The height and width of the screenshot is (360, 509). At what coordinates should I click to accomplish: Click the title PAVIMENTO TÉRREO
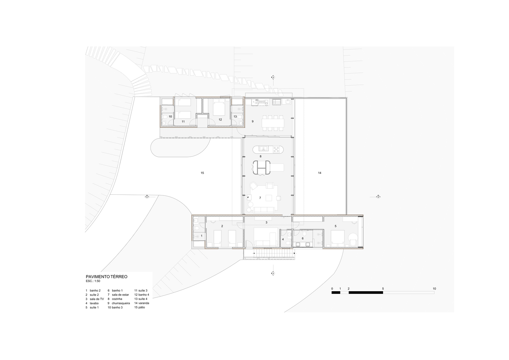pos(107,276)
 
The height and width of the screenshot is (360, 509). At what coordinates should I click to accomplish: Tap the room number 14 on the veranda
pos(320,173)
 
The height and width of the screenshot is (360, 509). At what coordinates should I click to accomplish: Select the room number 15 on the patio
pos(202,173)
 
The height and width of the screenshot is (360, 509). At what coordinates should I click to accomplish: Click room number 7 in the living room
pos(260,198)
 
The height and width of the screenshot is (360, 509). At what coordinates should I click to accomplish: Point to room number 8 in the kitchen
pos(261,156)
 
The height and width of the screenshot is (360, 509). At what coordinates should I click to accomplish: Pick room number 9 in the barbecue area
pos(252,121)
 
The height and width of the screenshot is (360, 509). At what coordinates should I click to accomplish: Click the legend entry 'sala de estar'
pos(121,295)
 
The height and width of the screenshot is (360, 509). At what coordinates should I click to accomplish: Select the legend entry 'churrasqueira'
pos(121,303)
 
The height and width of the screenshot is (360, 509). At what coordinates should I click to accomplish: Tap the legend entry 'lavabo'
pos(94,303)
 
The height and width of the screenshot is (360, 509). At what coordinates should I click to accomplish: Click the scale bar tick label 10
pos(434,289)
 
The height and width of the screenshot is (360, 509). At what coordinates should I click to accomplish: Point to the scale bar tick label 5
pos(383,289)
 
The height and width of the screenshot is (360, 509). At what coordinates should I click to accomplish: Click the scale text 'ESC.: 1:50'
pos(93,281)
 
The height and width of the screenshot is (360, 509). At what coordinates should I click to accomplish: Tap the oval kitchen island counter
pos(268,149)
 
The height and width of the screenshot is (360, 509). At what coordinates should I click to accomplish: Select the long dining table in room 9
pos(273,123)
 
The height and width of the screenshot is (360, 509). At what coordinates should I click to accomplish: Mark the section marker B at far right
pos(378,197)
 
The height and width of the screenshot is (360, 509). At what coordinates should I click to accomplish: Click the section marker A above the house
pos(273,77)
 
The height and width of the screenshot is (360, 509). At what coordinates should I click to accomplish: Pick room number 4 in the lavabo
pos(283,239)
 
